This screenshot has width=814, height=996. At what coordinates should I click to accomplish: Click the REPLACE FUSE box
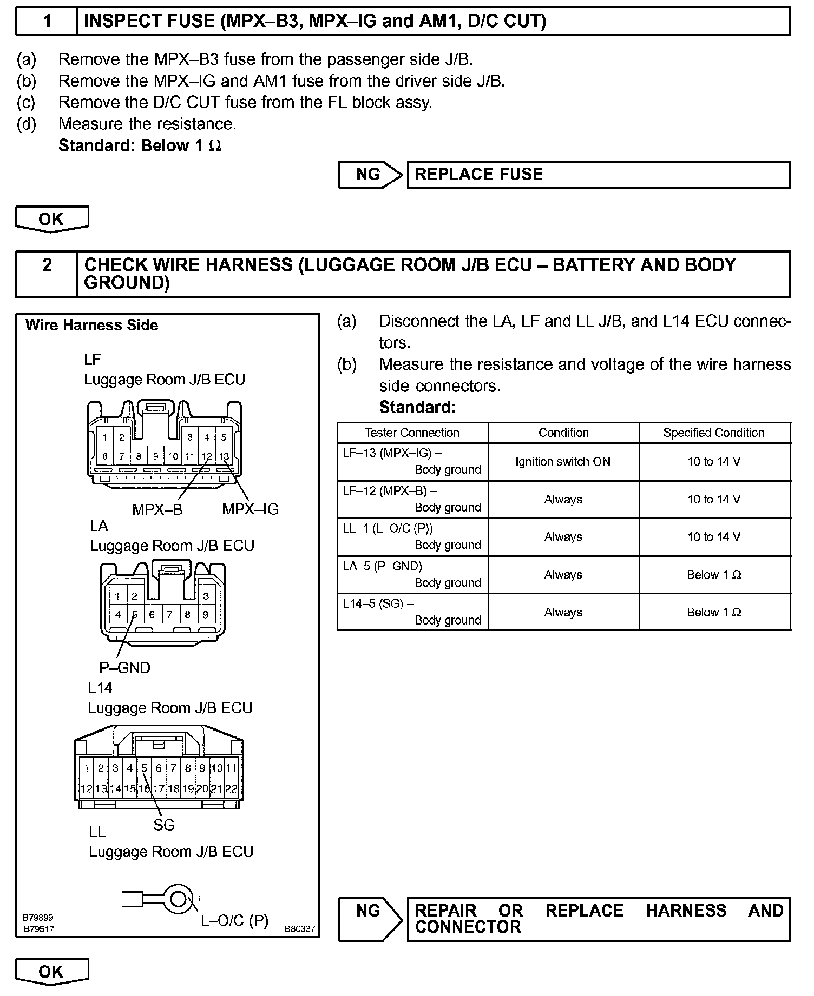pos(598,175)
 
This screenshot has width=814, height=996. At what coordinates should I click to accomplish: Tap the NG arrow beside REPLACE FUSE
pos(370,175)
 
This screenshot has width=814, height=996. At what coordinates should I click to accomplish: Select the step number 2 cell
pos(47,274)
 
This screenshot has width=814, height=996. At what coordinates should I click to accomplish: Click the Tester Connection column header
pos(412,433)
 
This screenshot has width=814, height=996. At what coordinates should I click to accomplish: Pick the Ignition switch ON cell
pos(563,462)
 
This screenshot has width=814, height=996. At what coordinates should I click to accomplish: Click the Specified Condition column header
pos(714,433)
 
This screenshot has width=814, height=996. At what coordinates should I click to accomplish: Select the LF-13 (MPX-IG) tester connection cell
pos(412,462)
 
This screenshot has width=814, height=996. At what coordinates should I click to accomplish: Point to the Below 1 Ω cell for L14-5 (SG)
pos(714,612)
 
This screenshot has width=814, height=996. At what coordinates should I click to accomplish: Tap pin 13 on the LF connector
pos(224,456)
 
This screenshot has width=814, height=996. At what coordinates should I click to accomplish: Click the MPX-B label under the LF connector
pos(157,509)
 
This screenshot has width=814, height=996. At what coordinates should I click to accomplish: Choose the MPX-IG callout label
pos(250,509)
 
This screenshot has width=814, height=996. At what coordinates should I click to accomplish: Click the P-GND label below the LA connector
pos(124,668)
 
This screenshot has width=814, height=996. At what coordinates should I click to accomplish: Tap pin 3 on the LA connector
pos(206,596)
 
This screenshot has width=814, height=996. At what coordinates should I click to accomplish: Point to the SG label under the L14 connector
pos(164,825)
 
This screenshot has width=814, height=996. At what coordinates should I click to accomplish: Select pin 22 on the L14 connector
pos(231,789)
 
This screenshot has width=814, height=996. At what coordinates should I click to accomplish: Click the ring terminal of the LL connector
pos(177,899)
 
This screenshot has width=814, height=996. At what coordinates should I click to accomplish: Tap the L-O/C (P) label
pos(234,921)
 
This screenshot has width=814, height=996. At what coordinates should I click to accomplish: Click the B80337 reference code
pos(299,929)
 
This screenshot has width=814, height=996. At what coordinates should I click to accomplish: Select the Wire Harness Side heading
pos(92,326)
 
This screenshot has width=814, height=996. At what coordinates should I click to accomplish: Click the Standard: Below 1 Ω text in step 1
pos(140,146)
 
